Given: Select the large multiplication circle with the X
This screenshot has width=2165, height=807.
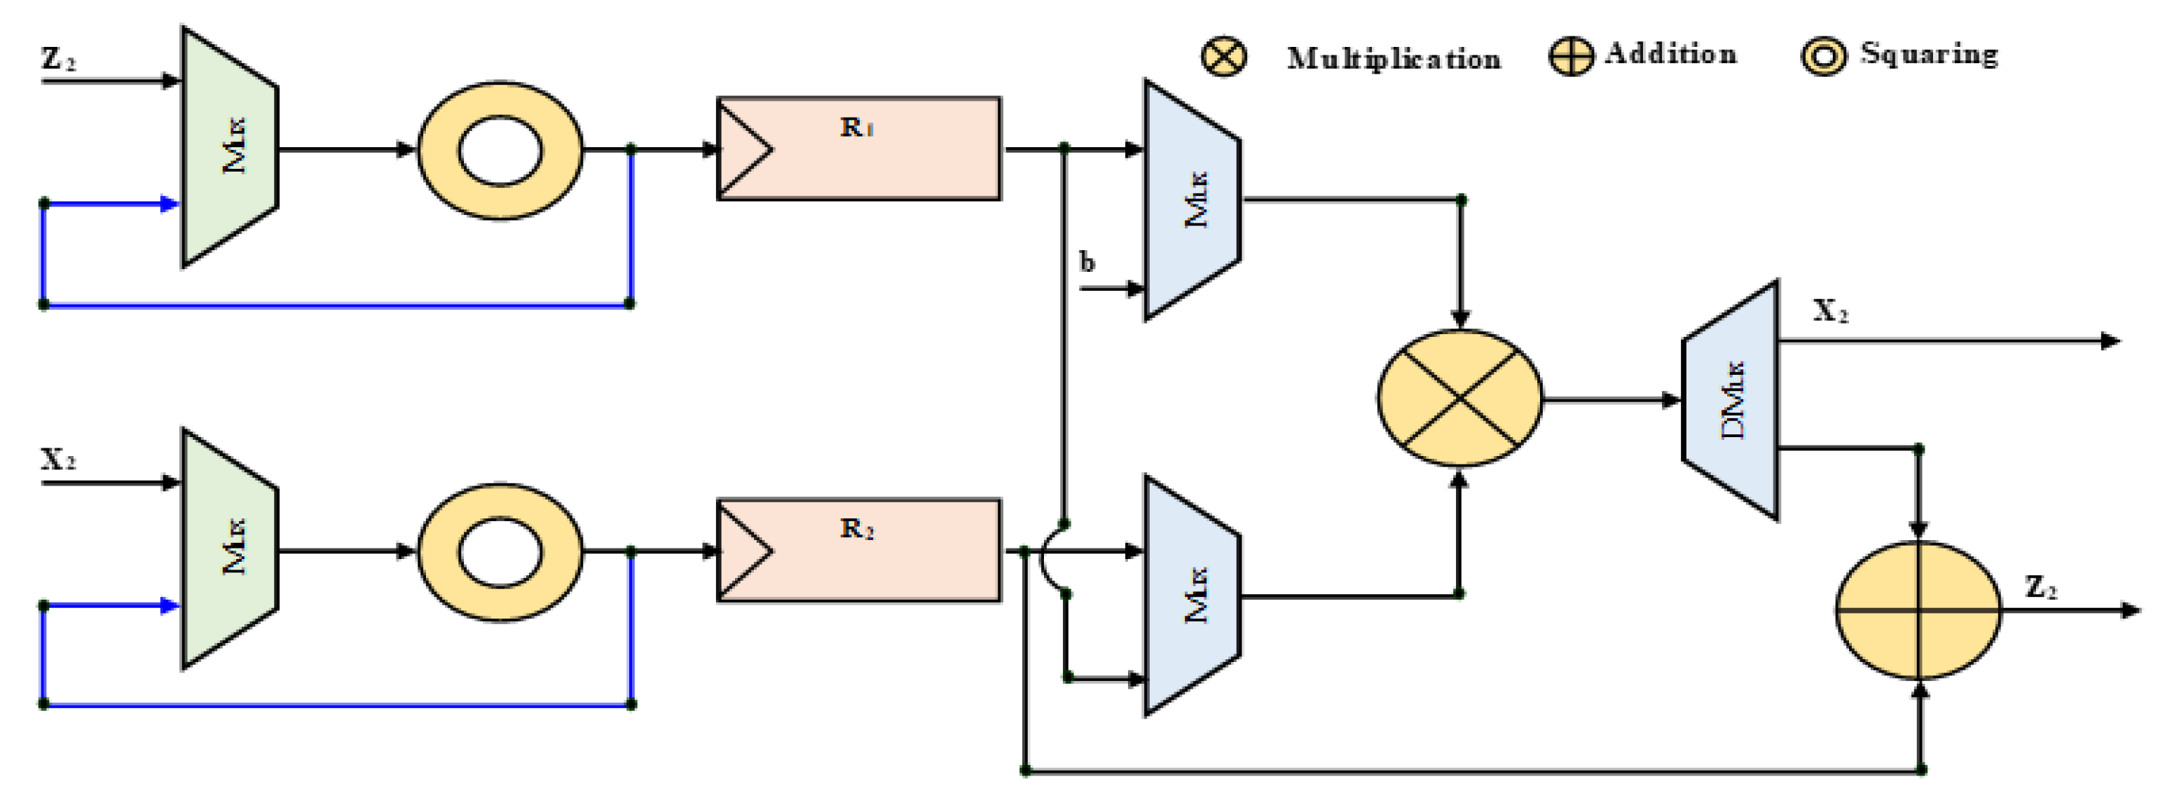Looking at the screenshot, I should [1460, 398].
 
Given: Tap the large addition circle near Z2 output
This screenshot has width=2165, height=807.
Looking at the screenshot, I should [1918, 610].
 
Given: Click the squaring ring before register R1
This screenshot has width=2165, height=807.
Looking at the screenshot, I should [500, 151].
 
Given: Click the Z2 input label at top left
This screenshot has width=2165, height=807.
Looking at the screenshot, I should [58, 59].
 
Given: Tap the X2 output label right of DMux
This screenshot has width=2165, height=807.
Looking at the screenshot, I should [1829, 311].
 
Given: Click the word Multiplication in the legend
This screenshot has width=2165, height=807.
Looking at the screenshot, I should [1394, 59].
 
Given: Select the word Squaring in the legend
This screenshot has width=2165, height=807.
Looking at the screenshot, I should [1929, 55].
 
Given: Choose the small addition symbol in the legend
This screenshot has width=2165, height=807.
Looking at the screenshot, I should [1570, 56].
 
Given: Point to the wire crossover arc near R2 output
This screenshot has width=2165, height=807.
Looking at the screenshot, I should [1050, 558].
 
